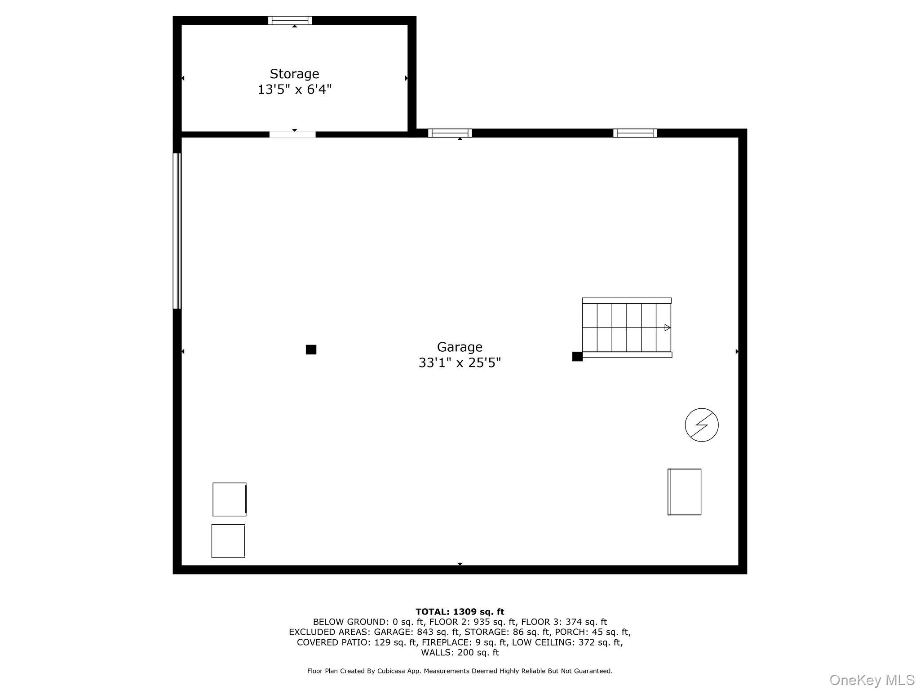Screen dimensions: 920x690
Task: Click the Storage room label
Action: click(x=294, y=74)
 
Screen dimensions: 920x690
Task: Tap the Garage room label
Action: click(x=460, y=347)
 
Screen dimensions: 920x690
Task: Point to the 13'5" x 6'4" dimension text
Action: click(x=294, y=89)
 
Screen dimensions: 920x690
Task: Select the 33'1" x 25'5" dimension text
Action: click(x=460, y=363)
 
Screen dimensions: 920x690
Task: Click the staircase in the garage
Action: click(x=627, y=327)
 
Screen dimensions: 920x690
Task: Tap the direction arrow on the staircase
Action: click(x=668, y=327)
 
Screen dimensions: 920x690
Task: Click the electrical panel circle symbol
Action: click(x=702, y=425)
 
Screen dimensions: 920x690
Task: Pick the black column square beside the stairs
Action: click(x=577, y=357)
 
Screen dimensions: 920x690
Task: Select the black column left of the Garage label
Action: click(x=311, y=349)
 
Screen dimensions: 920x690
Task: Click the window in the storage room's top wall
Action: click(x=290, y=20)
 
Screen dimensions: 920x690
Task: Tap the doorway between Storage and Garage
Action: click(x=292, y=134)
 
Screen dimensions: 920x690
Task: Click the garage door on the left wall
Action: click(x=177, y=231)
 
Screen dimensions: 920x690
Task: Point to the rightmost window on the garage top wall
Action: click(x=635, y=133)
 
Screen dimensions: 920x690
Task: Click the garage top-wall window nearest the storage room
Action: click(x=450, y=133)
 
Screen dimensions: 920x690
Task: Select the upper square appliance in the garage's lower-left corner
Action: click(x=230, y=500)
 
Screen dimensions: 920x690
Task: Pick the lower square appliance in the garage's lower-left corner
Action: click(x=228, y=541)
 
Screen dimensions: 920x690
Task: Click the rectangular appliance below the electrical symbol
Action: click(x=684, y=492)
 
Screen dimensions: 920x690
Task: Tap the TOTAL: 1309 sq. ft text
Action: click(x=460, y=612)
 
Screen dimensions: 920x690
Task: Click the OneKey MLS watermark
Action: click(x=872, y=680)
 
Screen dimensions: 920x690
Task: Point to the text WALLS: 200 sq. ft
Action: click(x=460, y=653)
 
